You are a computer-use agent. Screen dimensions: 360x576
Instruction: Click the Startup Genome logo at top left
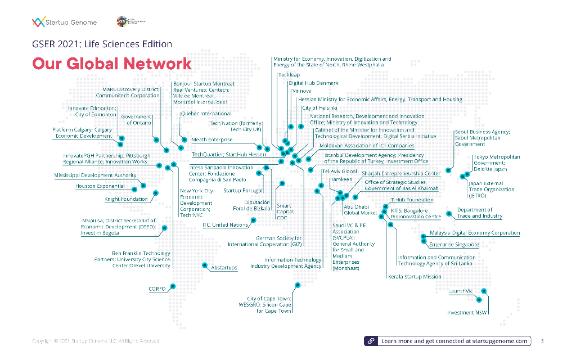(x=65, y=22)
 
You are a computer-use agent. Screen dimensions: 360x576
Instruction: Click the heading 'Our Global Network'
(x=112, y=64)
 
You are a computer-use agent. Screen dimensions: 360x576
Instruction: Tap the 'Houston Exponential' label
(x=100, y=186)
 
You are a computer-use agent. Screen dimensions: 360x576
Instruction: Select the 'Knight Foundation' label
(x=126, y=199)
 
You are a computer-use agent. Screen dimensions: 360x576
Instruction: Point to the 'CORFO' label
(x=157, y=289)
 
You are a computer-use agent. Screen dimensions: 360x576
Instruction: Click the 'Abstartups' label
(x=224, y=268)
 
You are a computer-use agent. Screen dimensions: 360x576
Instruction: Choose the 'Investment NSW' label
(x=467, y=312)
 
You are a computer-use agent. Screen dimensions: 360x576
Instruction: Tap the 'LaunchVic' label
(x=460, y=291)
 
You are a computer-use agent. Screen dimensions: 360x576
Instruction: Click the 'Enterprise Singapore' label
(x=454, y=245)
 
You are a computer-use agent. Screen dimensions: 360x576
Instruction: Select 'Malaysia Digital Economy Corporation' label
(x=475, y=233)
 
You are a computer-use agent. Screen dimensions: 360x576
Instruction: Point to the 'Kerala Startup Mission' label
(x=415, y=277)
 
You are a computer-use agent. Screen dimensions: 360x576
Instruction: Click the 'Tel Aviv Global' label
(x=340, y=171)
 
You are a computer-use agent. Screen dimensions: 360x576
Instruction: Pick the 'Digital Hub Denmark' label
(x=313, y=83)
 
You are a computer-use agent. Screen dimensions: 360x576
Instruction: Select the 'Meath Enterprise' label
(x=211, y=139)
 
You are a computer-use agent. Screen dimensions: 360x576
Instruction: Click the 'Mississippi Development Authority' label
(x=95, y=175)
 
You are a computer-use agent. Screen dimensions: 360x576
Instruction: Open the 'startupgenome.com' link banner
(x=448, y=341)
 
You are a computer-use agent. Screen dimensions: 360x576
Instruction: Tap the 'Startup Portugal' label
(x=243, y=191)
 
